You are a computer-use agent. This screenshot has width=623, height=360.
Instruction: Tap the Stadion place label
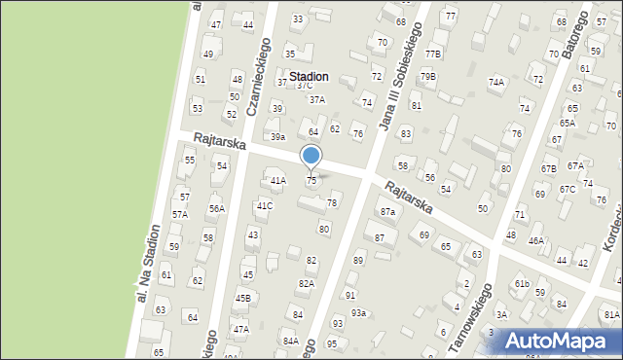(308, 76)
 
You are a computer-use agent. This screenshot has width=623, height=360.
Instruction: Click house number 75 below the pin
(311, 181)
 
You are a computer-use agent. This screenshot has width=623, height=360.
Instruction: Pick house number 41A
(278, 181)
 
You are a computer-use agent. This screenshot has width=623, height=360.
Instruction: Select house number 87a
(388, 211)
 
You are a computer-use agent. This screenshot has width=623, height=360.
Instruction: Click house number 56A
(216, 208)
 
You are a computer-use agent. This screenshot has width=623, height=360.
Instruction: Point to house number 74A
(496, 83)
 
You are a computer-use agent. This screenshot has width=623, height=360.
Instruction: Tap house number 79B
(428, 76)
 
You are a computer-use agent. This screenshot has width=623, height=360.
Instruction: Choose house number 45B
(242, 298)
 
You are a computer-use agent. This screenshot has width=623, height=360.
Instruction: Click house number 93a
(359, 312)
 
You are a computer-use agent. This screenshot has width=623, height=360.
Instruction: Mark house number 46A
(536, 240)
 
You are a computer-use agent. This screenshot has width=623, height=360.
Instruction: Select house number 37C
(305, 86)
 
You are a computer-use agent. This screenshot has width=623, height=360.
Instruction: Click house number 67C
(568, 189)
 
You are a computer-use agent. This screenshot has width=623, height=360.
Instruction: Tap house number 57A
(180, 214)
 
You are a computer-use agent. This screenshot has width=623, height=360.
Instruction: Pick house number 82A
(306, 283)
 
